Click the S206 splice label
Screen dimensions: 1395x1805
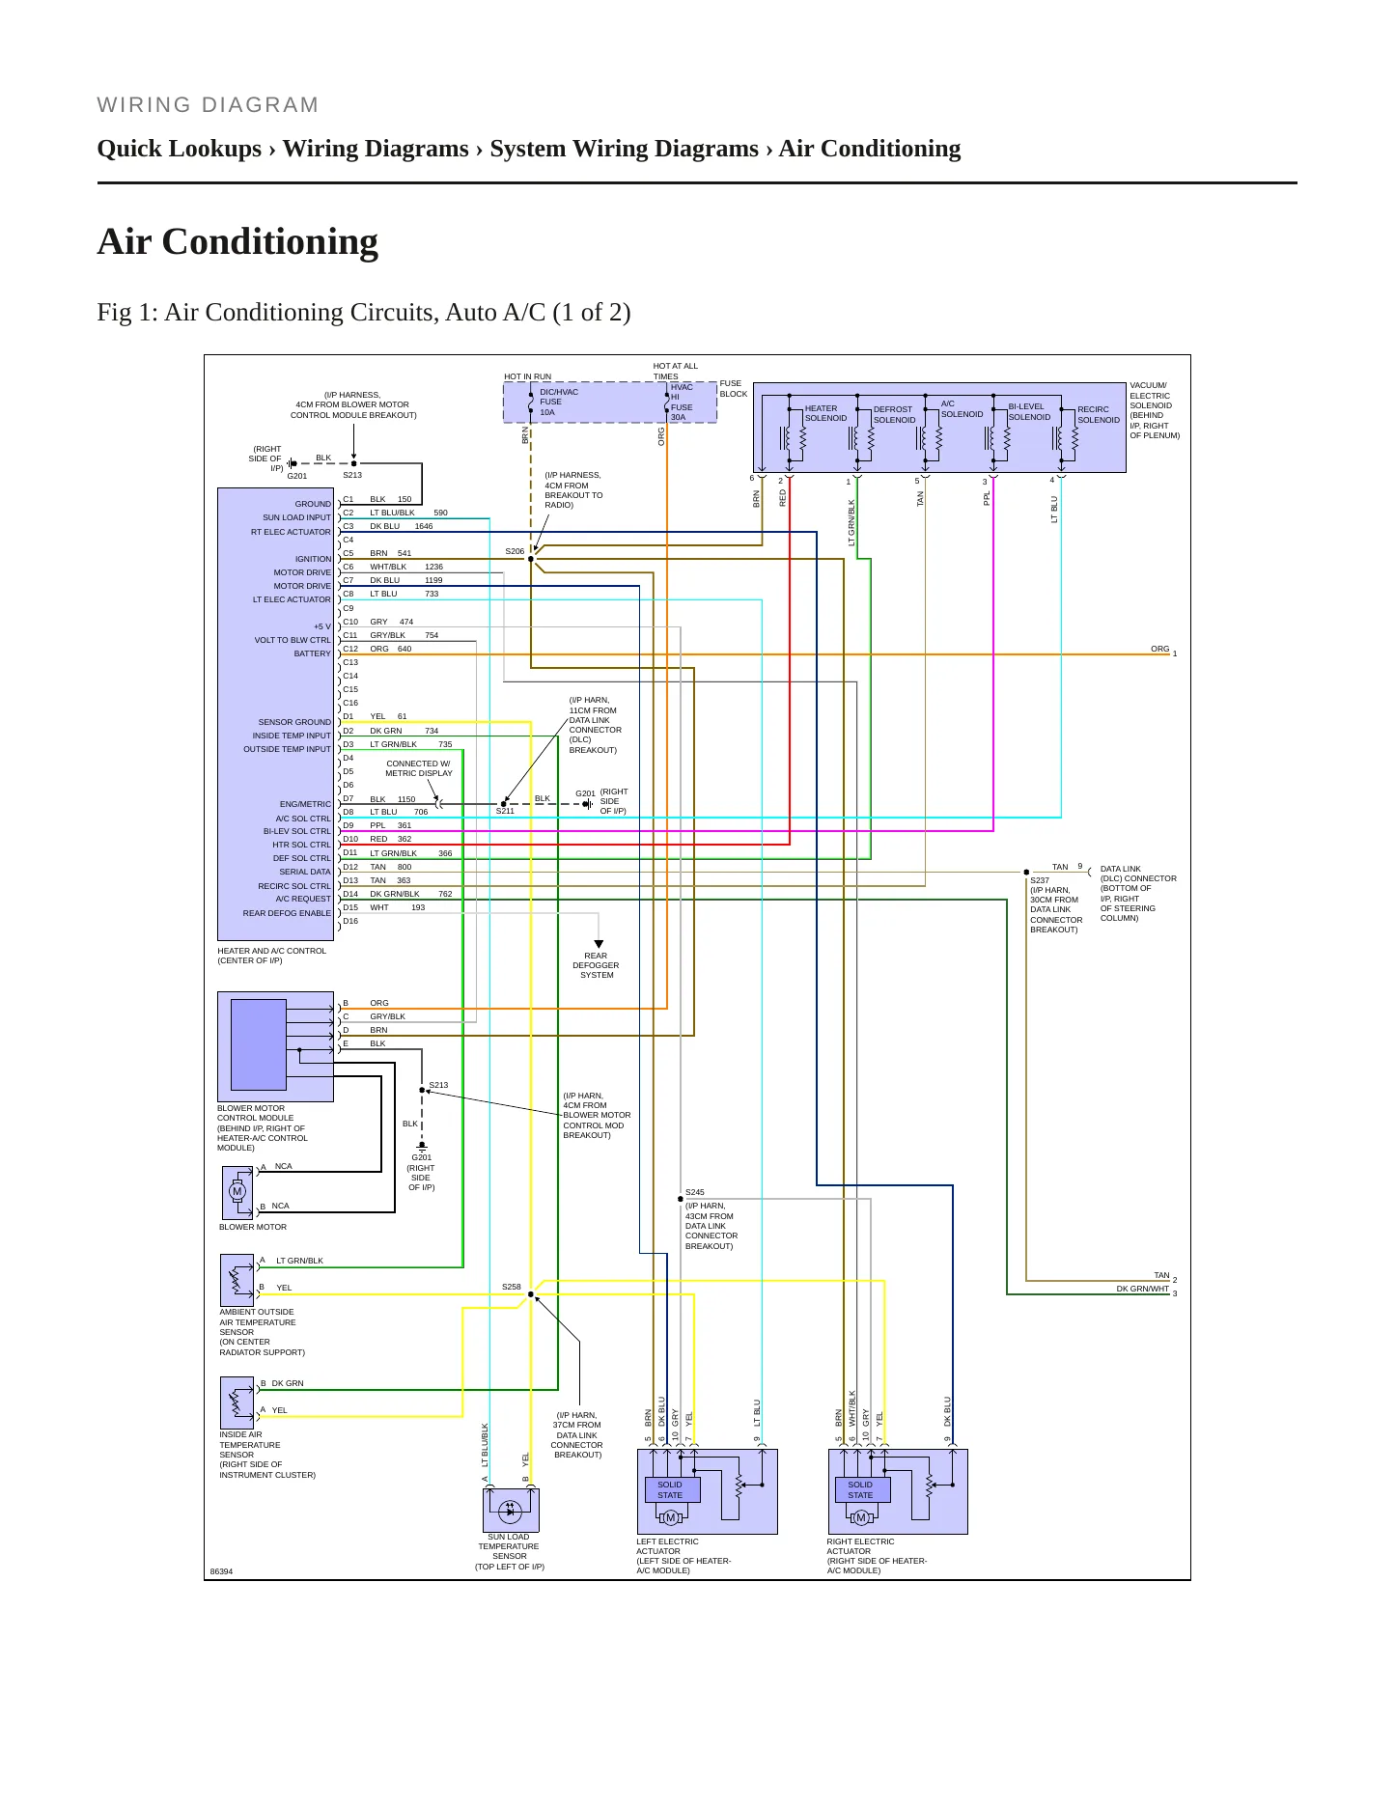point(515,551)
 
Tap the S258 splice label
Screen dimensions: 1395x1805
point(512,1287)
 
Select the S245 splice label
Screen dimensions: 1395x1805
point(695,1192)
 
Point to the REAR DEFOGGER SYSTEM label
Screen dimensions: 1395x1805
point(597,965)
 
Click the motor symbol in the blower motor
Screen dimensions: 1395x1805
point(237,1191)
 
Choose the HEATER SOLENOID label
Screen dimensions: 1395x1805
point(825,413)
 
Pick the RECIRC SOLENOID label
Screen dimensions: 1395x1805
point(1099,414)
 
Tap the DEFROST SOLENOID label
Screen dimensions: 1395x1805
point(894,414)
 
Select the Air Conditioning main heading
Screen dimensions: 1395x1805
point(237,241)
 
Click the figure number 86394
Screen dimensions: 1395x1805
point(222,1571)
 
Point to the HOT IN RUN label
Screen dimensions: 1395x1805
point(528,376)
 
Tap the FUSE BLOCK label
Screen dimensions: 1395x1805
point(734,388)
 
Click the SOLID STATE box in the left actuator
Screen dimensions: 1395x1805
point(670,1490)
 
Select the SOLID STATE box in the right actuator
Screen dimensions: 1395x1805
point(861,1490)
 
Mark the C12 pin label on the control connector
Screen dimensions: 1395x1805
point(350,649)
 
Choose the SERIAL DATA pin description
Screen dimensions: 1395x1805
point(305,872)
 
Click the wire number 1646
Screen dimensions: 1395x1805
point(424,526)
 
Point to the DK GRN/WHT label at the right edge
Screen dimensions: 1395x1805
point(1143,1289)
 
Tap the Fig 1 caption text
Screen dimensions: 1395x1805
point(364,313)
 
